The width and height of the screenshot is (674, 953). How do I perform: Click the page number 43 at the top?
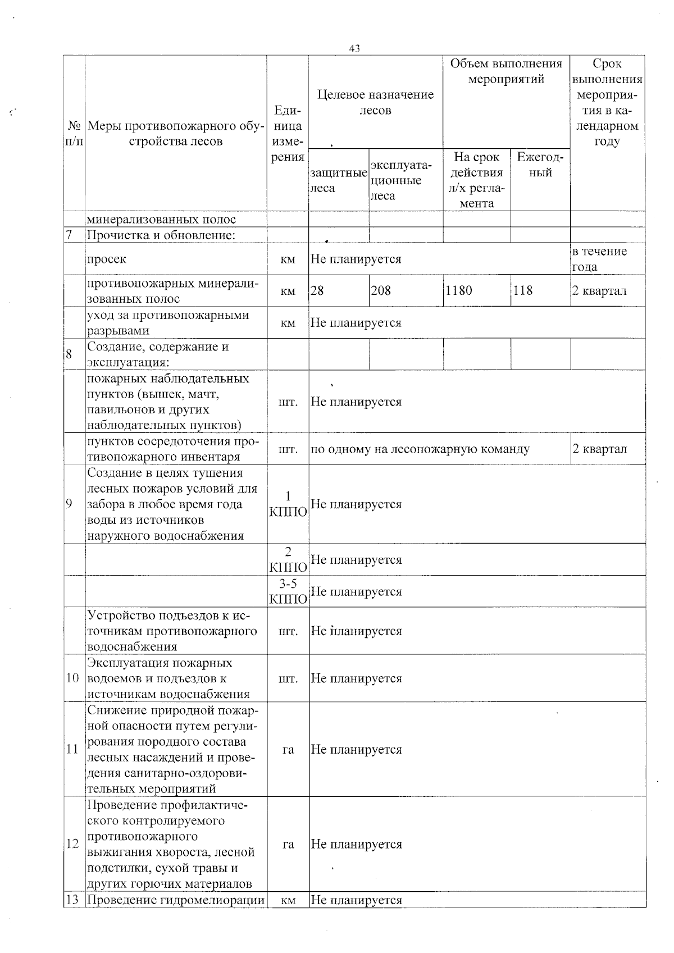point(354,49)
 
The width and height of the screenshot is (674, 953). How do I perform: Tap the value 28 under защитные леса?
point(317,290)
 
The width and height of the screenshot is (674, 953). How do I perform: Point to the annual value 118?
point(522,290)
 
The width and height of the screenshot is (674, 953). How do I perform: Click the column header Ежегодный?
point(540,165)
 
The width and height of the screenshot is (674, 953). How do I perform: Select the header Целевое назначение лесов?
point(375,102)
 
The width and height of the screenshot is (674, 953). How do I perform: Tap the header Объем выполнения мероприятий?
point(505,71)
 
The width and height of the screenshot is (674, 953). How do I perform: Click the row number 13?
point(72,900)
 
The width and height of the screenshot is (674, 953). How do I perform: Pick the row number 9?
point(69,504)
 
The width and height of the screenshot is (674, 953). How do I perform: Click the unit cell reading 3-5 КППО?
point(288,591)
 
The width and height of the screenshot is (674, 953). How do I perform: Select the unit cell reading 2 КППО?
point(288,559)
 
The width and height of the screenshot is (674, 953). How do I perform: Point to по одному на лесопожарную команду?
point(420,449)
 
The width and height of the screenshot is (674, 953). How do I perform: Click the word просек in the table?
point(106,259)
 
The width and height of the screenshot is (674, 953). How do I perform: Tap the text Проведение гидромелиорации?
point(175,900)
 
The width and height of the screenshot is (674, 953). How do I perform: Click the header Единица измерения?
point(288,134)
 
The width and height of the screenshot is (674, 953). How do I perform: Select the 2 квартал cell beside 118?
point(599,290)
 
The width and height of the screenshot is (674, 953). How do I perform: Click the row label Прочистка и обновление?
point(161,235)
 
